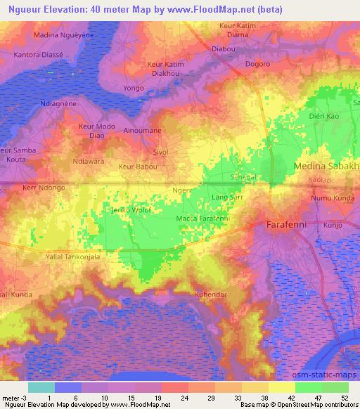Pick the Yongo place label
coord(133,89)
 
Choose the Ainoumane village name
coord(143,131)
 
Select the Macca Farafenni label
coord(203,219)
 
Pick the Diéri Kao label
coord(325,115)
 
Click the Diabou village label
coord(224,49)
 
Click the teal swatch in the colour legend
coord(41,387)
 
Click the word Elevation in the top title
coord(77,8)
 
